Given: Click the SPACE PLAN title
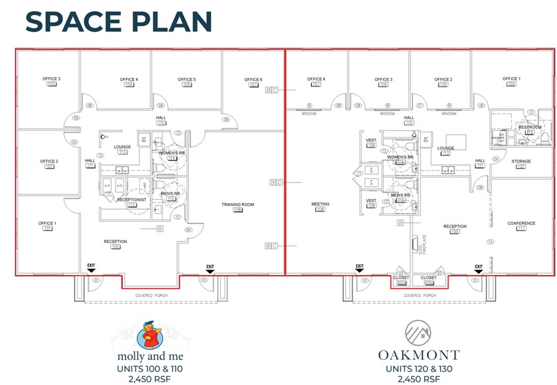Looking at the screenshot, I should click(x=118, y=21).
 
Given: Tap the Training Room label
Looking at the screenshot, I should click(x=237, y=205).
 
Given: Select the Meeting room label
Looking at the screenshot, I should click(x=320, y=204).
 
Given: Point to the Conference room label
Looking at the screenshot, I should click(x=521, y=224).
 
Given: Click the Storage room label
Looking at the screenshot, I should click(x=521, y=161).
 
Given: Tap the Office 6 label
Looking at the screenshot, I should click(x=253, y=80).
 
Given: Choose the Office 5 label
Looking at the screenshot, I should click(x=186, y=80).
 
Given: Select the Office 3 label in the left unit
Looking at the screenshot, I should click(x=52, y=79).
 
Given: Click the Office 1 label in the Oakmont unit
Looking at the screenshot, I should click(x=511, y=79).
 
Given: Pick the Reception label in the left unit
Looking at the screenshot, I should click(x=115, y=242).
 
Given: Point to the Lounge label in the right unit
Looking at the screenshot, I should click(x=446, y=149).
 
